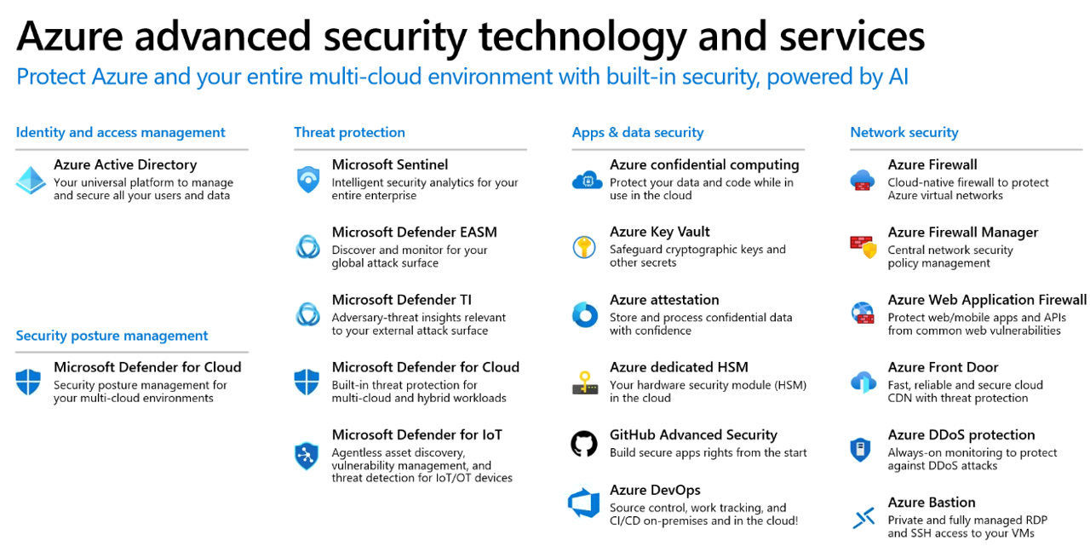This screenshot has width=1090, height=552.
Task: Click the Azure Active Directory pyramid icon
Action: (31, 180)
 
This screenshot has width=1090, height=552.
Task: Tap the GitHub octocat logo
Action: (584, 444)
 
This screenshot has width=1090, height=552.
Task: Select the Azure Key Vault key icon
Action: (584, 247)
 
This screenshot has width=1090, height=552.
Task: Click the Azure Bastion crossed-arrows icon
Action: (863, 517)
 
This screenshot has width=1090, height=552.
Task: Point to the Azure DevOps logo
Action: (583, 503)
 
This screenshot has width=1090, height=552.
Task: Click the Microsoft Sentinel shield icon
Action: (308, 180)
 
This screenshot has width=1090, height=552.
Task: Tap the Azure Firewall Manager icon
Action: (863, 247)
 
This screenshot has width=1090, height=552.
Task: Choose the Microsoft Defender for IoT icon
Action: (307, 456)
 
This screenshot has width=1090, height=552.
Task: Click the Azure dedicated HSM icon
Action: (585, 382)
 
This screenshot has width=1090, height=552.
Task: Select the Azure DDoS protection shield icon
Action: (860, 449)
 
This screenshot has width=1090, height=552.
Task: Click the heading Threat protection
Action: (349, 132)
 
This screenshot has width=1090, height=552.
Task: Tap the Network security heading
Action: (904, 132)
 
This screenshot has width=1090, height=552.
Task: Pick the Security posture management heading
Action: (112, 336)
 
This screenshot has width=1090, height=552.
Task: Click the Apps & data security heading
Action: (638, 132)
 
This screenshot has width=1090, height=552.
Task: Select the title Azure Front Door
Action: (943, 367)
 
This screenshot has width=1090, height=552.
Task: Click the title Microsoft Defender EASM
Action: (415, 233)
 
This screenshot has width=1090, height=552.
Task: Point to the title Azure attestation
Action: (664, 300)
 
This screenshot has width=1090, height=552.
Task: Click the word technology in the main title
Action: (582, 37)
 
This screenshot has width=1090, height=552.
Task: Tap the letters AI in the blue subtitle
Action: (898, 77)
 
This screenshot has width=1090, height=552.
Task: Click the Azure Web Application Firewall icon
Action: (863, 313)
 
